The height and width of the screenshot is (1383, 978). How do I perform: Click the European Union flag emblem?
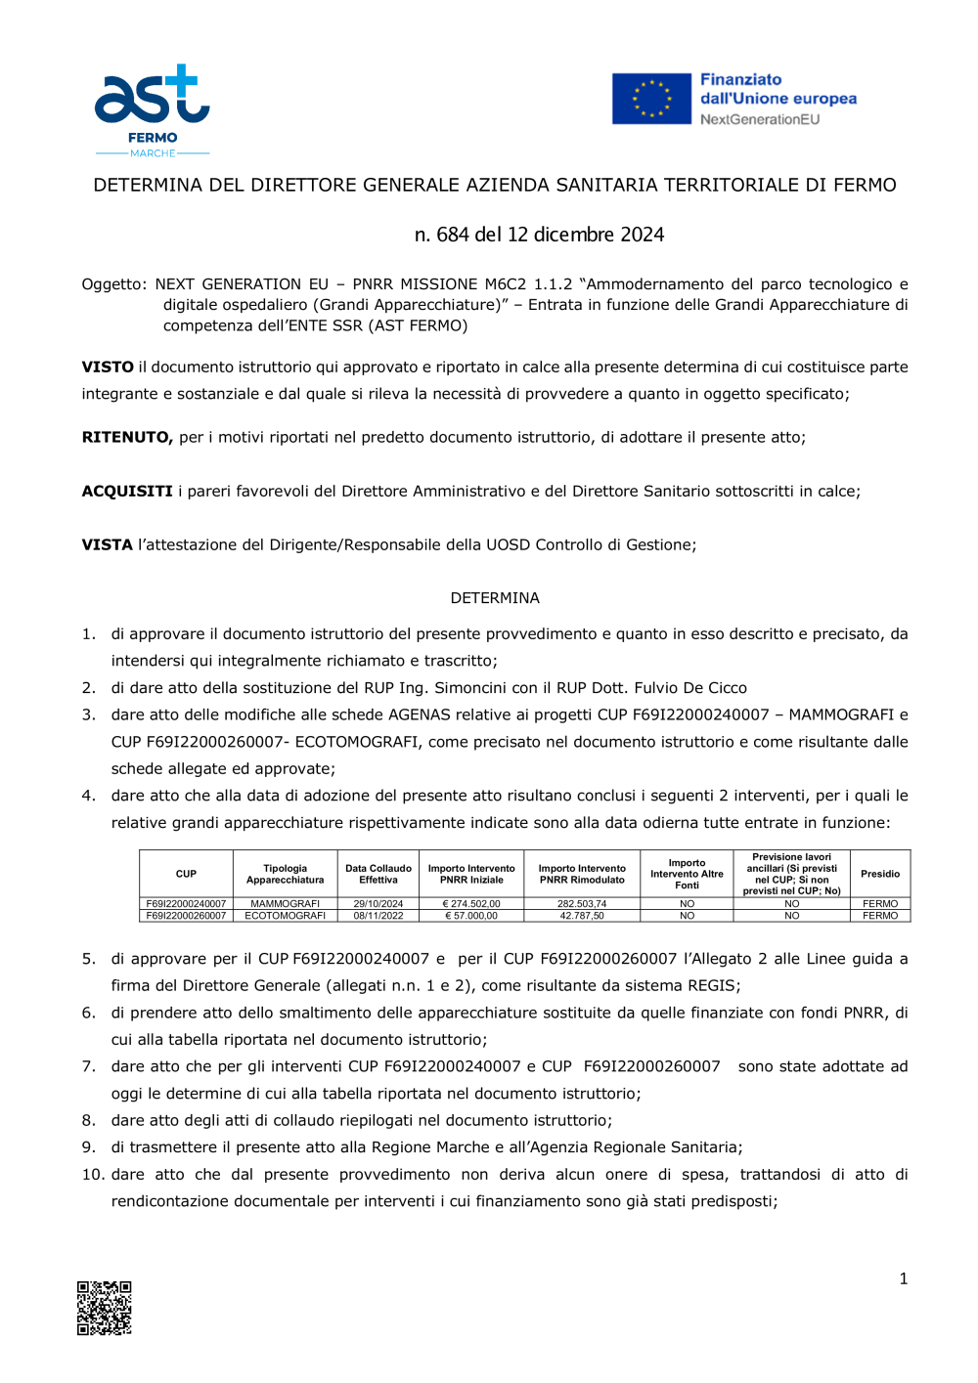coord(651,99)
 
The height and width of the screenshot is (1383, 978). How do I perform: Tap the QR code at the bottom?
coord(105,1308)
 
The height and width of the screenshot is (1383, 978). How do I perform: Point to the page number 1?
coord(904,1278)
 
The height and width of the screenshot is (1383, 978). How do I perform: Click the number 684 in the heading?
coord(453,235)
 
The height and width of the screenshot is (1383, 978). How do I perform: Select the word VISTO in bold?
coord(108,367)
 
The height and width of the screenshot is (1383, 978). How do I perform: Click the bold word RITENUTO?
coord(127,438)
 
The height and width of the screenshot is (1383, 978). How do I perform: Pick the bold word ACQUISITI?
coord(127,492)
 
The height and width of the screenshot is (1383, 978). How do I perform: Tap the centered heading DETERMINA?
coord(495,598)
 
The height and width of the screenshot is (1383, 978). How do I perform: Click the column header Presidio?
coord(880,874)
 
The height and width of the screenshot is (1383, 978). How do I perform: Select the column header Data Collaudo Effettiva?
coord(378,874)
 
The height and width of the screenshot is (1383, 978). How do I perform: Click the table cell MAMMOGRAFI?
coord(285,904)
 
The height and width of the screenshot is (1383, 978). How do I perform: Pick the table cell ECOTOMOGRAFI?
coord(285,916)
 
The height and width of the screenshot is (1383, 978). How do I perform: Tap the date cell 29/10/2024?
coord(378,904)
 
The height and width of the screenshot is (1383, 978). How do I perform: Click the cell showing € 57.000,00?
coord(471,916)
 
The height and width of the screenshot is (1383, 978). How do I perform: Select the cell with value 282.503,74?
coord(582,904)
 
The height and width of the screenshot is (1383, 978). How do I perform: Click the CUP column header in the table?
coord(186,874)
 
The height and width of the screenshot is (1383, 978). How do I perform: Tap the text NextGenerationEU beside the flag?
coord(760,119)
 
